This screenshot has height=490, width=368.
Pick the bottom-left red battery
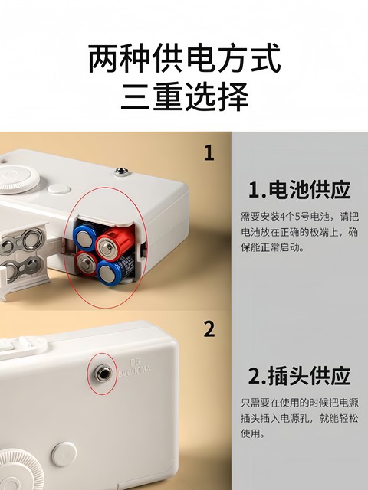pos(87,261)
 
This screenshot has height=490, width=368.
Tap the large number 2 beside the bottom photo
pos(209,329)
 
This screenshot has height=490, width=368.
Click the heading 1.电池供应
pos(299,189)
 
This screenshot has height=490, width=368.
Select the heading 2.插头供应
pos(299,376)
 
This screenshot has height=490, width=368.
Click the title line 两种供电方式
pos(184,58)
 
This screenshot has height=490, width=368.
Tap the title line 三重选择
pos(184,97)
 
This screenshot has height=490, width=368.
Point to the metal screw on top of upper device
pos(121,171)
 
